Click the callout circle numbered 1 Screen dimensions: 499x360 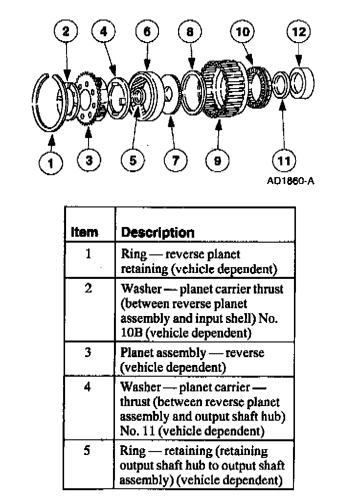pos(51,162)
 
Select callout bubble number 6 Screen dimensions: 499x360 pos(147,32)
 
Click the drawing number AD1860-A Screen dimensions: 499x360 pos(291,181)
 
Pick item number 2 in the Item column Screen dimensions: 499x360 pos(88,289)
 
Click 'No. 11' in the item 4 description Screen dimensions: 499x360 pos(137,431)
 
